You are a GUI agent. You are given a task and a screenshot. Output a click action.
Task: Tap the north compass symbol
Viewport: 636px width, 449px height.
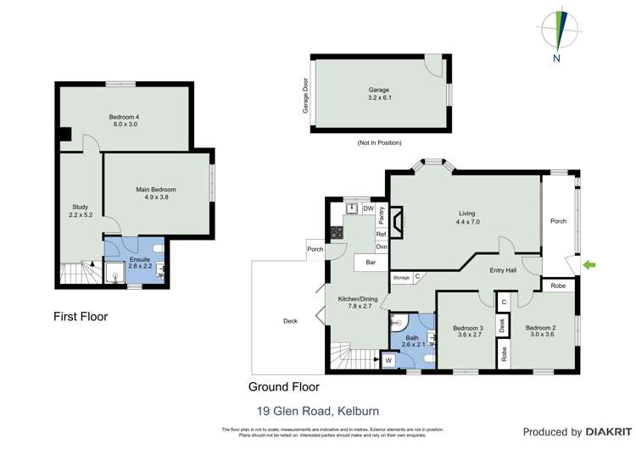pyautogui.click(x=559, y=31)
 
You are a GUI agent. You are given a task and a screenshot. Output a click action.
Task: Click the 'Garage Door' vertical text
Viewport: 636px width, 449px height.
pyautogui.click(x=304, y=95)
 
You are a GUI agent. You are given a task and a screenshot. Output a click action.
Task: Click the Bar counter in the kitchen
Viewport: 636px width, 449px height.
pyautogui.click(x=371, y=263)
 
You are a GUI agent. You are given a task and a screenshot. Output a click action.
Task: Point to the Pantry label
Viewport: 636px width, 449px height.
pyautogui.click(x=382, y=213)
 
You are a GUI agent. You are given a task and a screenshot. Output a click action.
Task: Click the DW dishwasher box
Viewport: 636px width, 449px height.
pyautogui.click(x=368, y=208)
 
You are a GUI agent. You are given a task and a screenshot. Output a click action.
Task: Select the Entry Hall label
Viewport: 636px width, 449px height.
pyautogui.click(x=504, y=270)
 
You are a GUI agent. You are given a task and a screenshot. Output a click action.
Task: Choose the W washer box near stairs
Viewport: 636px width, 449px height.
pyautogui.click(x=388, y=361)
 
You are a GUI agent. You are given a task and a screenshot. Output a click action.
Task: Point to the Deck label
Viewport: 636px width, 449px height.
pyautogui.click(x=290, y=321)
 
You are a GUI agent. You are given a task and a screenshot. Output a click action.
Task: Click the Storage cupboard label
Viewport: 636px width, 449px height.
pyautogui.click(x=401, y=277)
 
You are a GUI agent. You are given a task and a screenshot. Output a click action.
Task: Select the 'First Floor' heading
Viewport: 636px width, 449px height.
pyautogui.click(x=81, y=317)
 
